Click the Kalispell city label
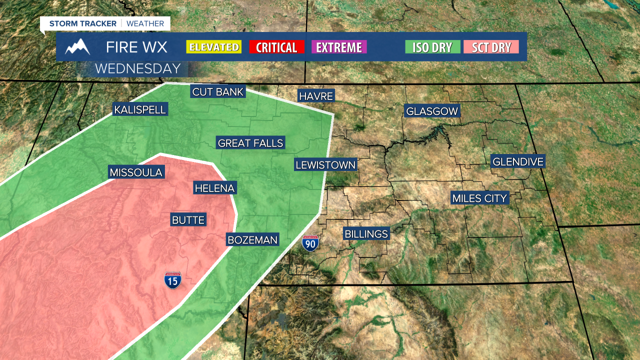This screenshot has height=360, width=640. (139, 109)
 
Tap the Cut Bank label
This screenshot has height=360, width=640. (218, 91)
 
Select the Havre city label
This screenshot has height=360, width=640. (315, 96)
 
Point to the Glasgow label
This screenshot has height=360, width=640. (432, 111)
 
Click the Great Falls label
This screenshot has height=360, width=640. (250, 143)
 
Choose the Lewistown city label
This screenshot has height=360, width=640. (325, 164)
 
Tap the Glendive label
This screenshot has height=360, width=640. (517, 161)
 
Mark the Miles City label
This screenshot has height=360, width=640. (479, 198)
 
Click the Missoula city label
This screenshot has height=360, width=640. (136, 172)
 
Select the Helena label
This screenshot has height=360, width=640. (214, 188)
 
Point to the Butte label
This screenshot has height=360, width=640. (188, 219)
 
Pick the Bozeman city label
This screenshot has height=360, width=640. (252, 240)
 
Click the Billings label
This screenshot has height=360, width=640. (366, 233)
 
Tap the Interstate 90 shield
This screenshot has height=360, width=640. (310, 243)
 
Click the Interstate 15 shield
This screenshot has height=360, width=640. (173, 280)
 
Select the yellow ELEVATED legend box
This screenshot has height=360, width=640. (213, 47)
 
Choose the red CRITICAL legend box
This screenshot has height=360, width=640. (276, 47)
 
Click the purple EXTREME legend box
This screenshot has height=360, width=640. (339, 47)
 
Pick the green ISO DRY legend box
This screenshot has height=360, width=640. (432, 47)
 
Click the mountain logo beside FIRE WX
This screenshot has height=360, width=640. (77, 46)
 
